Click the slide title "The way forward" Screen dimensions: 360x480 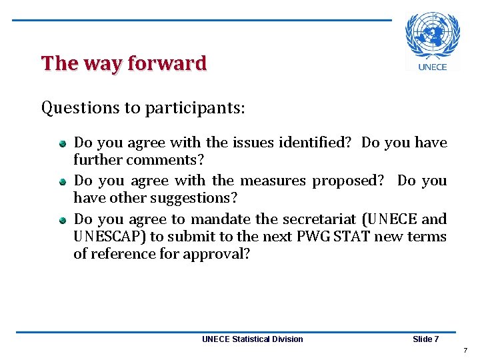(x=124, y=63)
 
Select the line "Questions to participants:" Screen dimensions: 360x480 (x=143, y=107)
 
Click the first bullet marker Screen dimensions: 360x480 (x=61, y=143)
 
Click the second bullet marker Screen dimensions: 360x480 (x=61, y=181)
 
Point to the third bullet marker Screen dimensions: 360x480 (x=61, y=220)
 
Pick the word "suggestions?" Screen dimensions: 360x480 (x=194, y=198)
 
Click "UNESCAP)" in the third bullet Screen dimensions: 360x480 (x=109, y=237)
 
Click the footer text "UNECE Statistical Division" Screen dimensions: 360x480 (x=252, y=339)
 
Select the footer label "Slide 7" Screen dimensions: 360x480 (x=425, y=339)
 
